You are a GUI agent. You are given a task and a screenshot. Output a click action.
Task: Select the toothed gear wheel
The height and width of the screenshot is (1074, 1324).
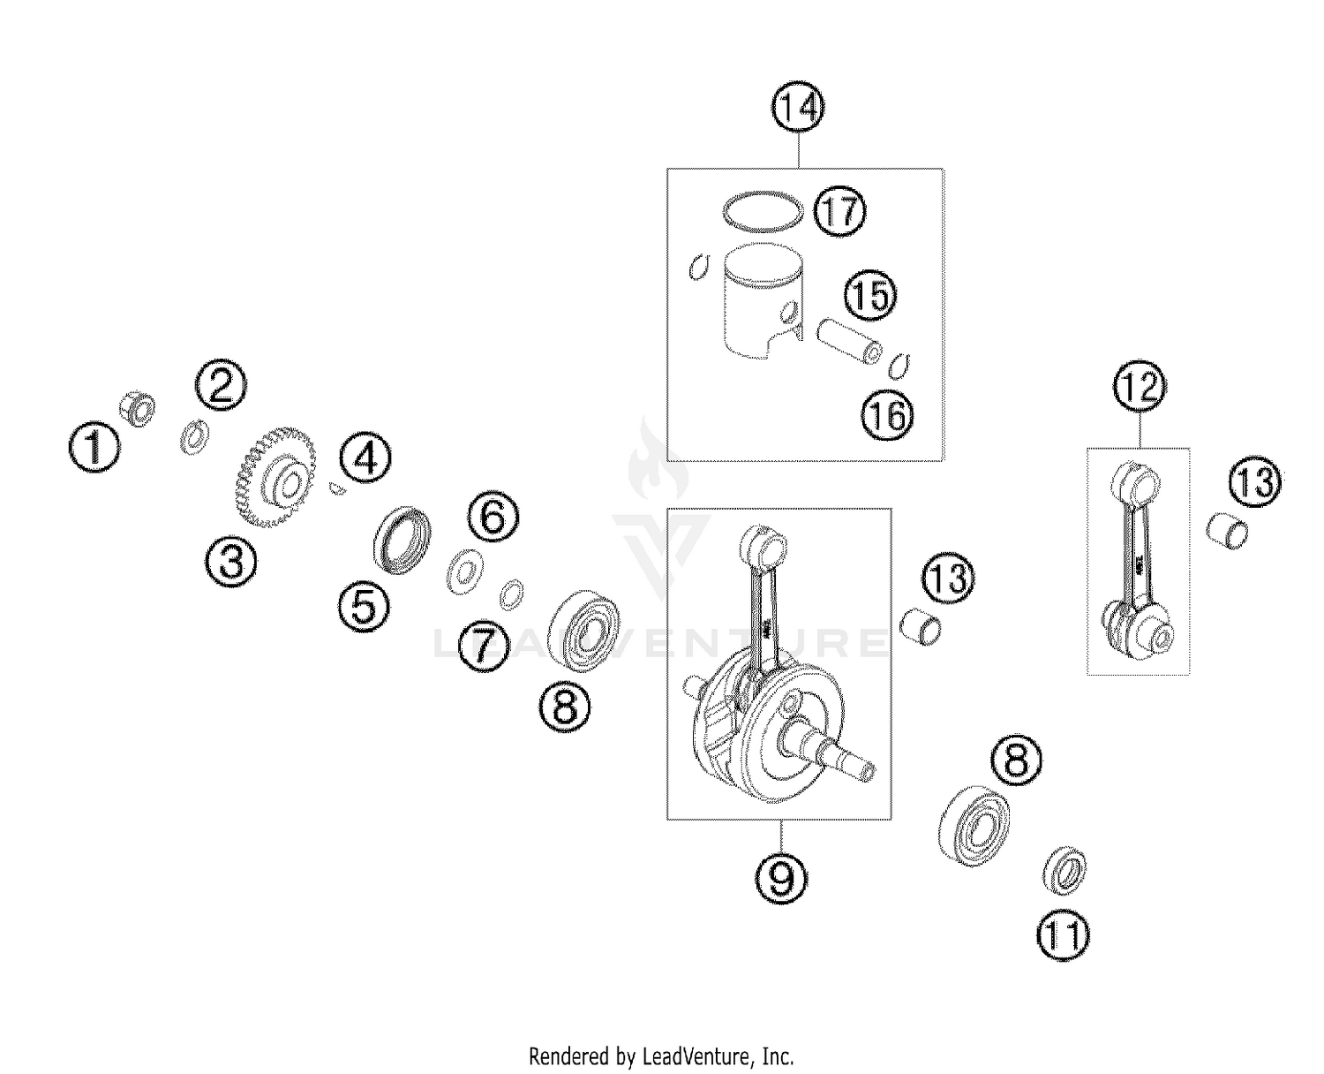click(276, 477)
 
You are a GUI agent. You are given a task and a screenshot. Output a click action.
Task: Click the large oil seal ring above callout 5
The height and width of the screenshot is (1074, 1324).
click(403, 540)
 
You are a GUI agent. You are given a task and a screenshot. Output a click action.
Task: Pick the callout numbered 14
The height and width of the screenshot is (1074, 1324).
click(798, 107)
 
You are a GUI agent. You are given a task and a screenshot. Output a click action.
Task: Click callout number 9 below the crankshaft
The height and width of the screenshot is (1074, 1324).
click(781, 877)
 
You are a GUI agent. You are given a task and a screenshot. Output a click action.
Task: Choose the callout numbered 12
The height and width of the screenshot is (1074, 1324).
click(1140, 387)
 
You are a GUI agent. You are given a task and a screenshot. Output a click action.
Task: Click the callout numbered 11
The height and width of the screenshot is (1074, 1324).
click(1064, 935)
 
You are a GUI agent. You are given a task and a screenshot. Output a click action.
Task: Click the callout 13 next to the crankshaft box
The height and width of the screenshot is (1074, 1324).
click(948, 579)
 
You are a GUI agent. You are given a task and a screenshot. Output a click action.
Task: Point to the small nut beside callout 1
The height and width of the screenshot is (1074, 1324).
click(138, 409)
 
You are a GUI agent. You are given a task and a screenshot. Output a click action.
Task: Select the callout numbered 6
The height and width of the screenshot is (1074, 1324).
click(493, 516)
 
